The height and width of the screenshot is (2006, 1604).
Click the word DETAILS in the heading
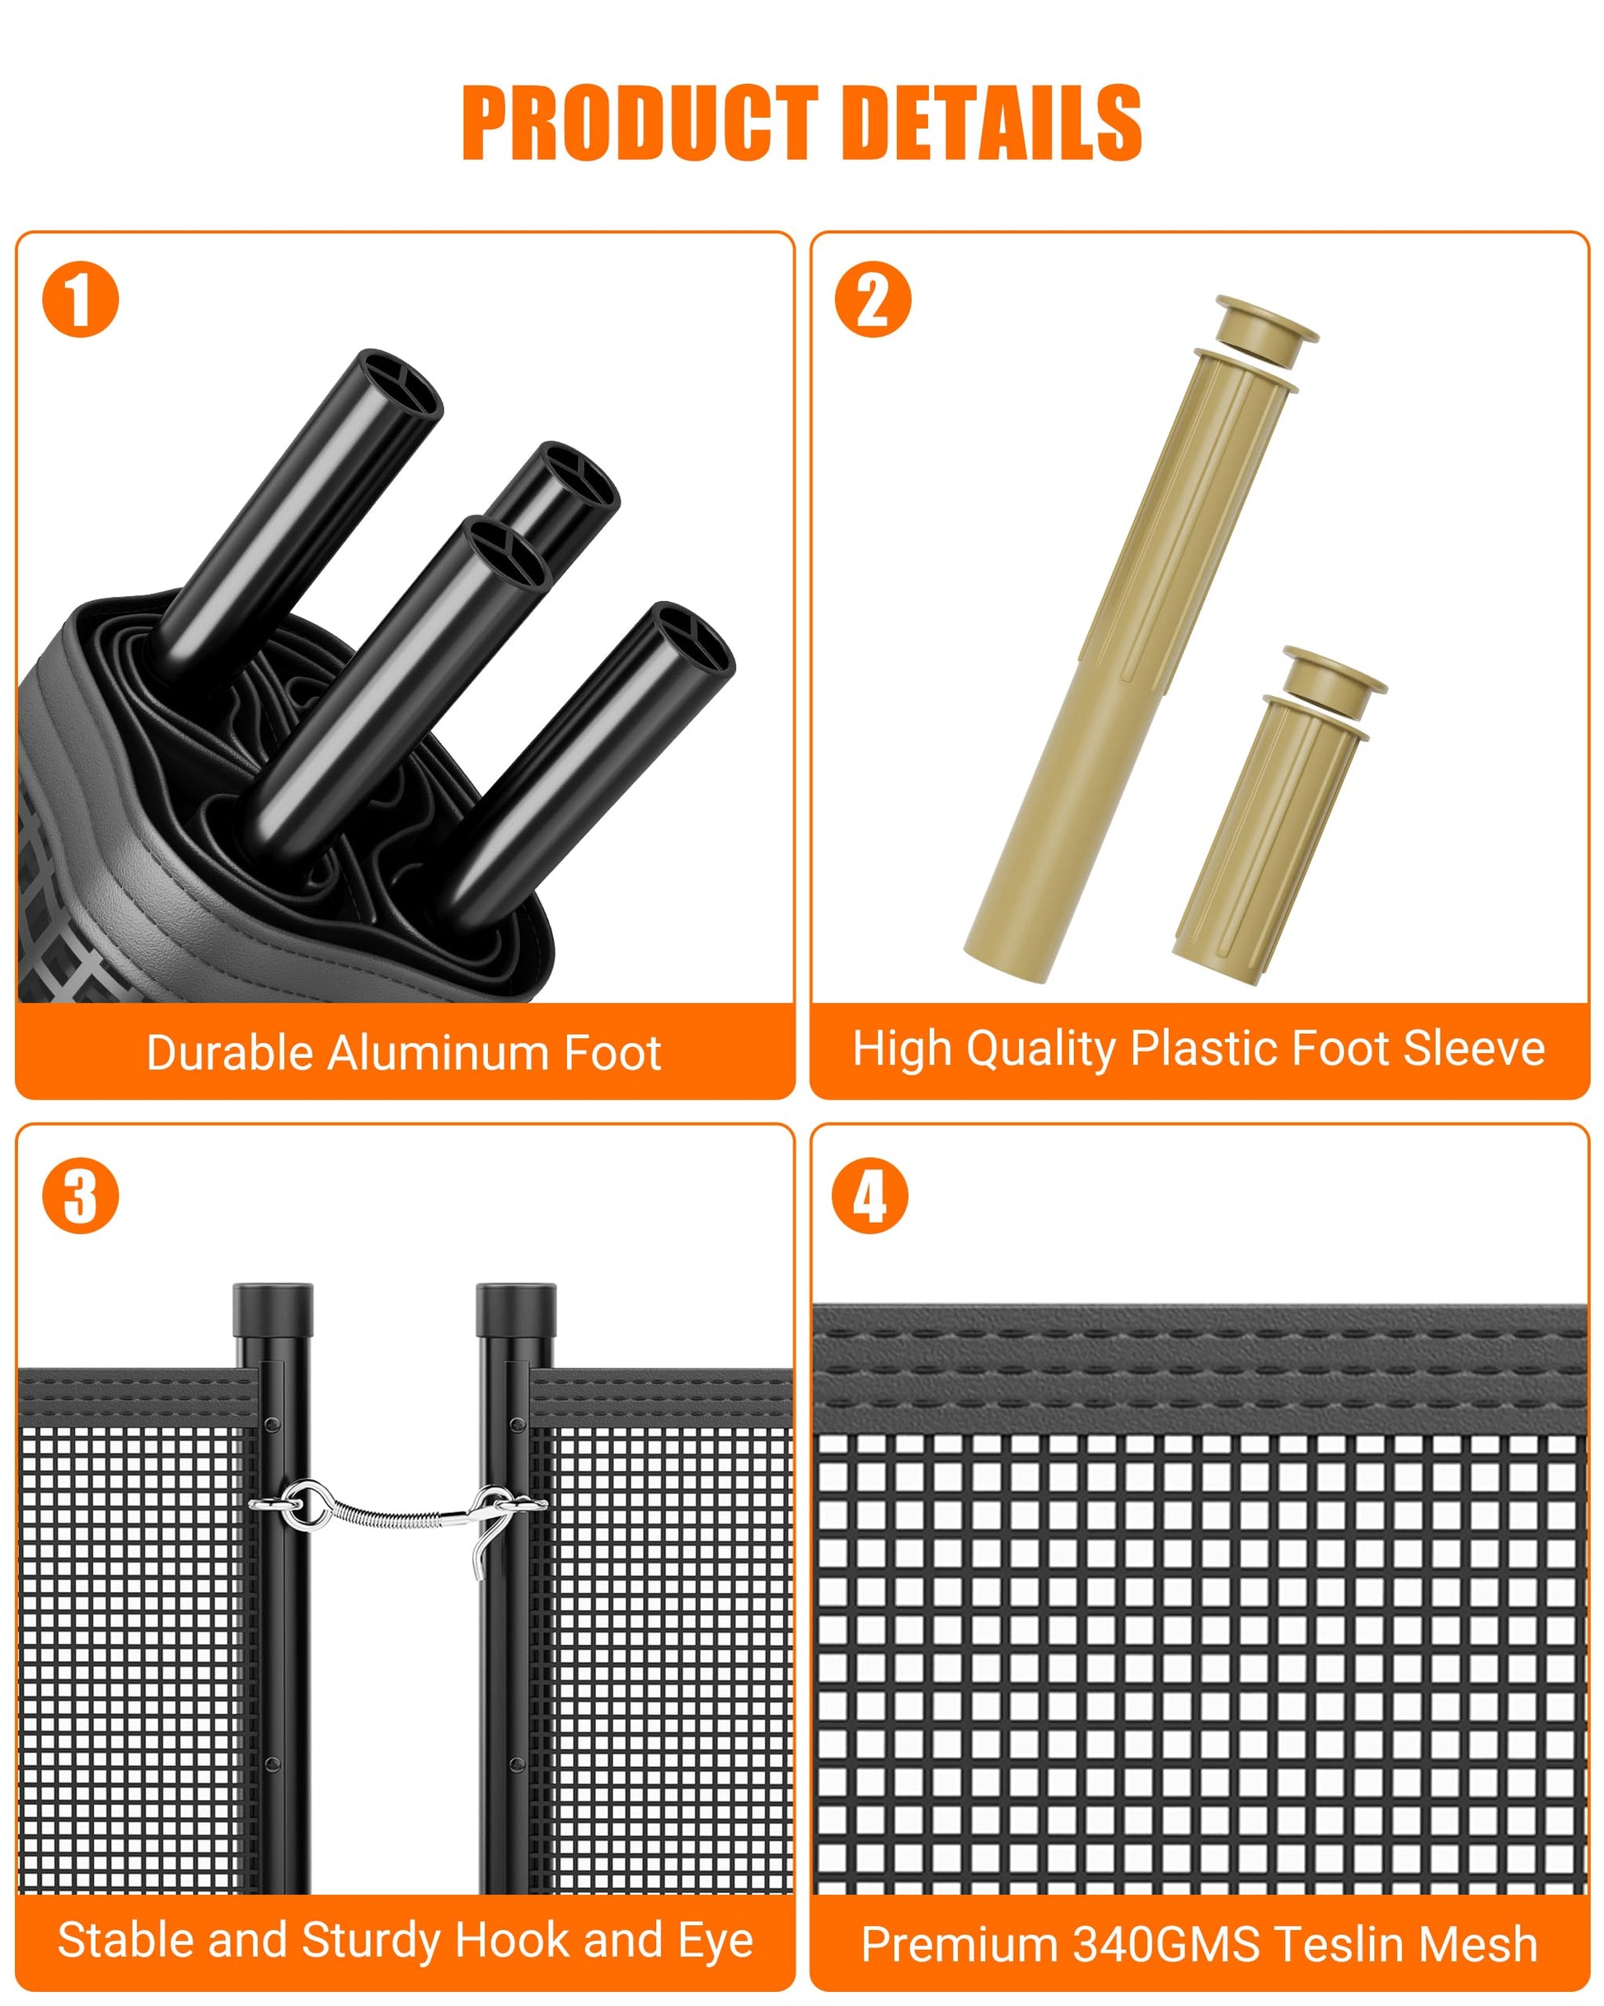pyautogui.click(x=997, y=122)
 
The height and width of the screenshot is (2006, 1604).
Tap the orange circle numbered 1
pyautogui.click(x=81, y=299)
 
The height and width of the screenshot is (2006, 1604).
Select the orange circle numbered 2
pyautogui.click(x=873, y=299)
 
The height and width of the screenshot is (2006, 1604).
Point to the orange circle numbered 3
pyautogui.click(x=81, y=1196)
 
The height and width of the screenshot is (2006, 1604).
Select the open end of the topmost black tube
pyautogui.click(x=400, y=386)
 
